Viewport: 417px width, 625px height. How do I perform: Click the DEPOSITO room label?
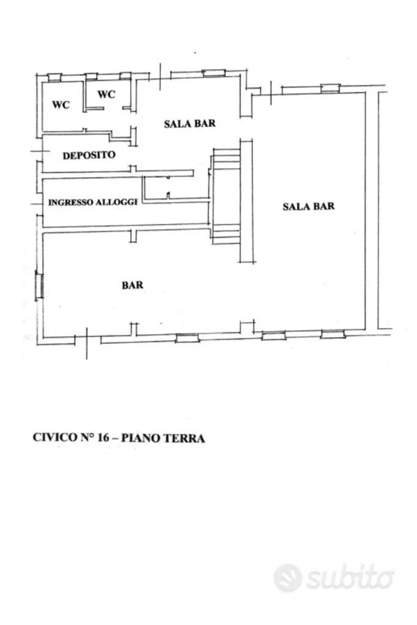(89, 155)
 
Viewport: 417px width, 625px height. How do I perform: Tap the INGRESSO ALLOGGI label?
(93, 202)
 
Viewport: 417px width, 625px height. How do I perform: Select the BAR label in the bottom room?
(132, 285)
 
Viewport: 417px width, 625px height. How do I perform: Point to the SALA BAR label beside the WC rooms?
(190, 123)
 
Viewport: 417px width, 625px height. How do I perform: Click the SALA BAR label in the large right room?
(309, 206)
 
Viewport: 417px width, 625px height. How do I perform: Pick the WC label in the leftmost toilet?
(61, 105)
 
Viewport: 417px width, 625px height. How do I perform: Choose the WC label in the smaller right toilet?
(106, 95)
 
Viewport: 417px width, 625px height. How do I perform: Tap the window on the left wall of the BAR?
(40, 284)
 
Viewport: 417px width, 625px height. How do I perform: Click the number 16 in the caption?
(103, 437)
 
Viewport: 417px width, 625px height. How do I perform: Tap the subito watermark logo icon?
(288, 577)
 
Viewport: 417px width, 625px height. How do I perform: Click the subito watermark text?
(350, 577)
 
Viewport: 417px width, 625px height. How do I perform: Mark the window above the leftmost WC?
(54, 77)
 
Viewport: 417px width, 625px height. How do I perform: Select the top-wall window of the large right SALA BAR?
(330, 88)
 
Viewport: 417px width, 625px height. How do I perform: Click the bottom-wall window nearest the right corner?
(333, 334)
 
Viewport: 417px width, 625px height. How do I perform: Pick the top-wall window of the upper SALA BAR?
(214, 73)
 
